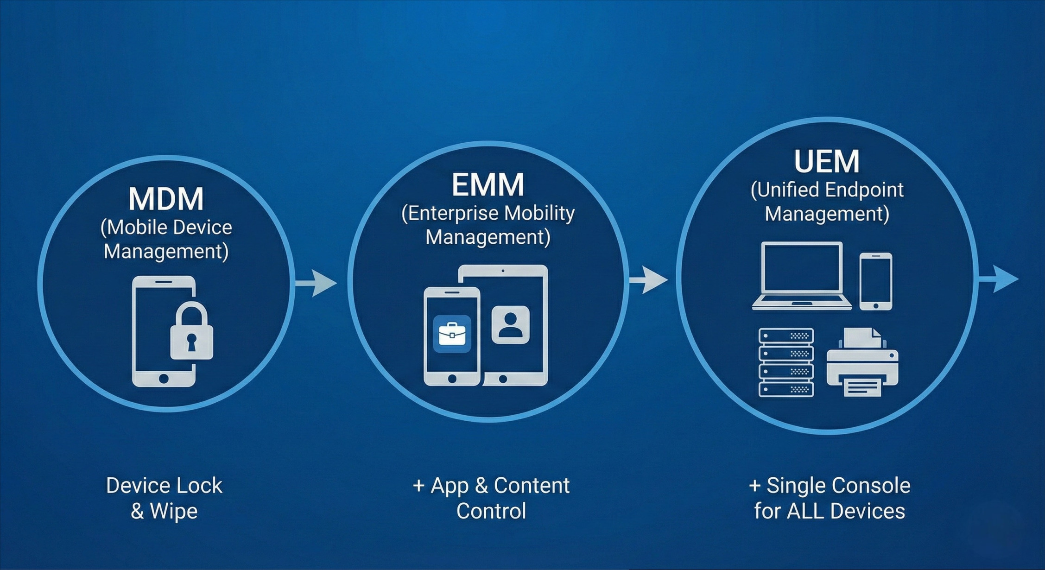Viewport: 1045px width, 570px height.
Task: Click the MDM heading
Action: [x=166, y=199]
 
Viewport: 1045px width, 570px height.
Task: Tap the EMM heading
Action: [x=488, y=184]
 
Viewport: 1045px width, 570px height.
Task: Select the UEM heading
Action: [x=827, y=161]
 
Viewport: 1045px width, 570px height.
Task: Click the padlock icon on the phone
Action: [x=191, y=332]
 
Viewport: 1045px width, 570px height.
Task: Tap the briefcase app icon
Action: [x=452, y=334]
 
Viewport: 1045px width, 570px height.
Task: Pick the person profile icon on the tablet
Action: [x=510, y=325]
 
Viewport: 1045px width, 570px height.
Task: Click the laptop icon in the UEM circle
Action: [x=802, y=275]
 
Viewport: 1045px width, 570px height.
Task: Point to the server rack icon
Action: [x=786, y=362]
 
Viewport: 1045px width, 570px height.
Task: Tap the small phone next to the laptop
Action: [x=875, y=281]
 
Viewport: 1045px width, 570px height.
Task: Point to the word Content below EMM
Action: [x=532, y=486]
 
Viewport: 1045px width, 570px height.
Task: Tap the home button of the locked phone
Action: [x=164, y=378]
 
